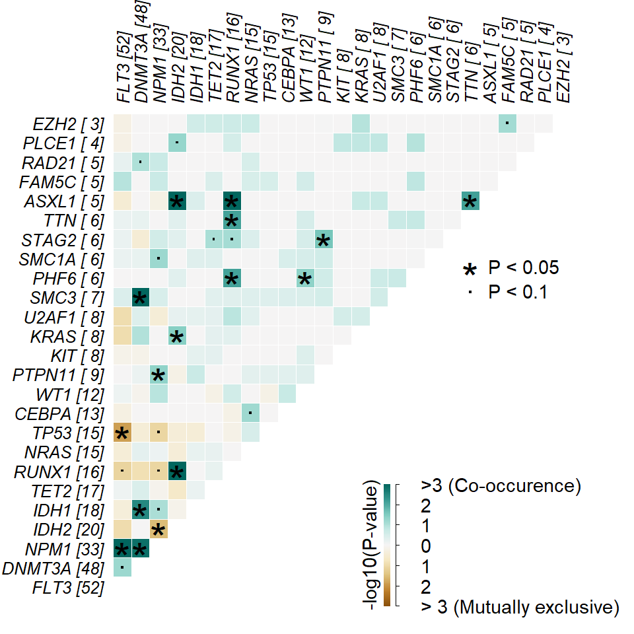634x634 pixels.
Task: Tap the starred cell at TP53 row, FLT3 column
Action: point(122,433)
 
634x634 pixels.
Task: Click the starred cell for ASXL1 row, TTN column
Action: point(470,202)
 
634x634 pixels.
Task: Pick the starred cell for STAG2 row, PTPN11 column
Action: point(323,240)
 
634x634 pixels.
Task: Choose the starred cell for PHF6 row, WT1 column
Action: point(304,279)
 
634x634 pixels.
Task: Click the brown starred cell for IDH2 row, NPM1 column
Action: point(158,530)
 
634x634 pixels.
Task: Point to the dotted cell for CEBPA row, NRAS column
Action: point(250,414)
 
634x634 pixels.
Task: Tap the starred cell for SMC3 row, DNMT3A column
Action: point(140,298)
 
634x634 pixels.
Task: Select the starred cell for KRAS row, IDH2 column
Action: point(176,337)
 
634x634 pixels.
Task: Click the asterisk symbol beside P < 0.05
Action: point(470,269)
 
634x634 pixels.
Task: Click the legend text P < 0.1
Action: point(518,291)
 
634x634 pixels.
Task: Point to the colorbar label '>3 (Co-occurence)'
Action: point(501,487)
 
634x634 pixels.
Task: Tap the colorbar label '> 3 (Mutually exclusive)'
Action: point(519,607)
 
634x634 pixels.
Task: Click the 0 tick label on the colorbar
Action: point(426,546)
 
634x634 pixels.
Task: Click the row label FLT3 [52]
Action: point(68,587)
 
